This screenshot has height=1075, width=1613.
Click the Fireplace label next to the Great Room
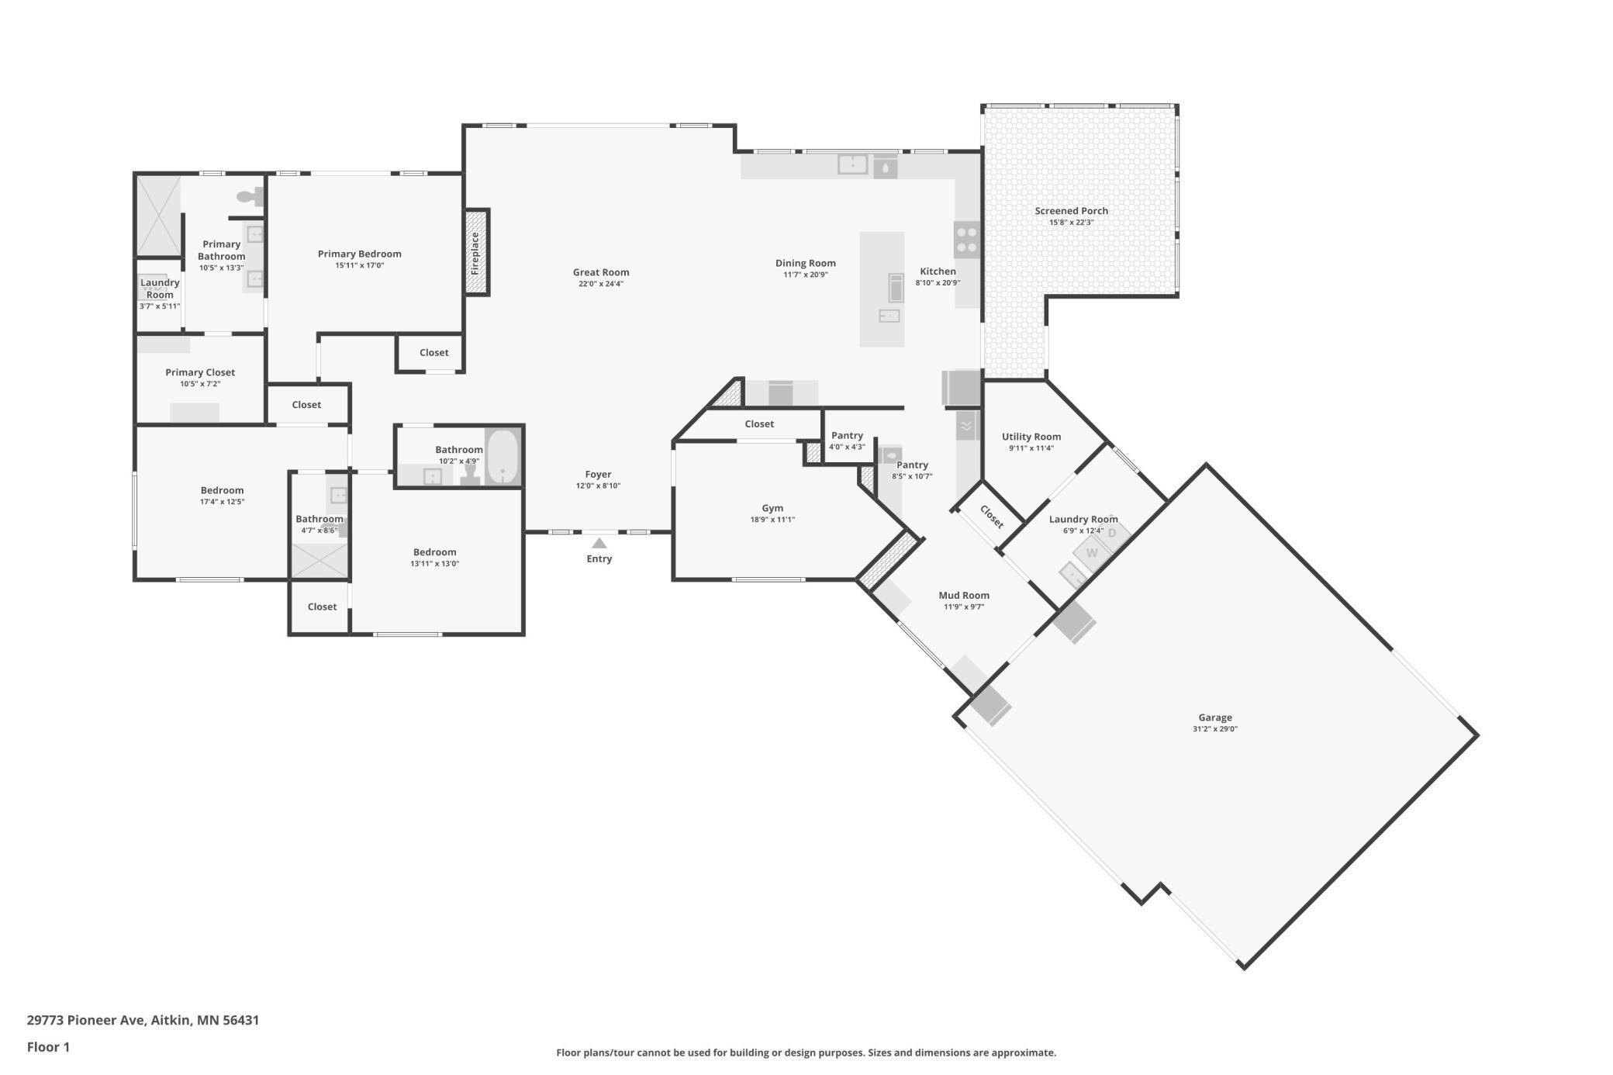[x=475, y=253]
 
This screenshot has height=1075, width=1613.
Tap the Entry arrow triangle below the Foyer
[x=599, y=543]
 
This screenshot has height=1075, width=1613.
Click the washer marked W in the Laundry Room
[x=1092, y=553]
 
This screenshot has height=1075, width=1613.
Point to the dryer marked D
[x=1112, y=533]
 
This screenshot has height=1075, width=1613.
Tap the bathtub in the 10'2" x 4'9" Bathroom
[x=503, y=457]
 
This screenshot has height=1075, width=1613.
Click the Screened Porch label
[x=1071, y=211]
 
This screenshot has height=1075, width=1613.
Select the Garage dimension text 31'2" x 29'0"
[x=1215, y=729]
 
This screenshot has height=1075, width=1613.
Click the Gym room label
[x=772, y=509]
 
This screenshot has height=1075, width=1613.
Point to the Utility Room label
[x=1031, y=437]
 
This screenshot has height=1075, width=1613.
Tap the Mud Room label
[x=964, y=596]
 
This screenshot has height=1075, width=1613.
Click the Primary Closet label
[x=200, y=372]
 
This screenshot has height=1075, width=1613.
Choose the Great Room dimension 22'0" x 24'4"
[x=601, y=284]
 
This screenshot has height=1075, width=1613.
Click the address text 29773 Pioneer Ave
[x=86, y=1020]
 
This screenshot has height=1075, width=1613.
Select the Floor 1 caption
[x=48, y=1047]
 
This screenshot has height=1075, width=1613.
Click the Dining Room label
[x=806, y=263]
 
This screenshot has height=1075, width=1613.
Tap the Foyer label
[x=598, y=475]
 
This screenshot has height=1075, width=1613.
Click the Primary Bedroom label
[x=360, y=254]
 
